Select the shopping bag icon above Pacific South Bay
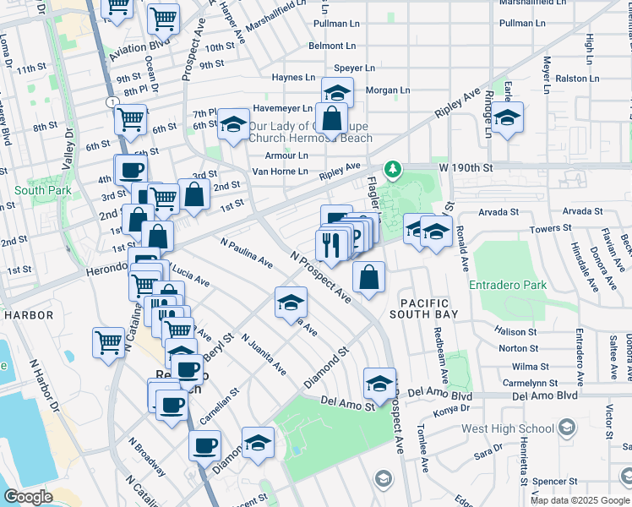click(x=369, y=277)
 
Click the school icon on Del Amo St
click(x=379, y=383)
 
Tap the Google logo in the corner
click(x=29, y=497)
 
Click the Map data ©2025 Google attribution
click(x=580, y=500)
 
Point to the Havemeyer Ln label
click(x=284, y=109)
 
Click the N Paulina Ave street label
click(x=247, y=253)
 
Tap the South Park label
click(x=41, y=190)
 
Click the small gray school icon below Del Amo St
click(x=384, y=480)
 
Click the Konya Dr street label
click(x=450, y=410)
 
